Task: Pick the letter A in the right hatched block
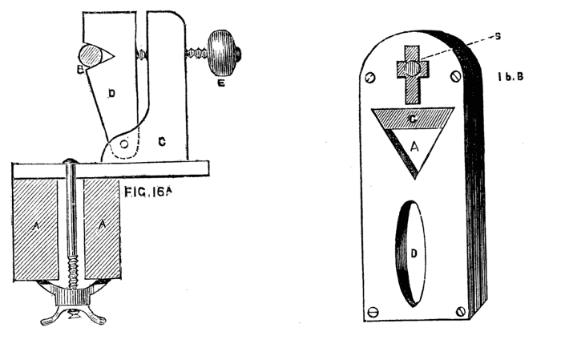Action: [x=101, y=227]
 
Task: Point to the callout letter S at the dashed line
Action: [x=475, y=35]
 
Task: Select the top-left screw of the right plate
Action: [x=369, y=78]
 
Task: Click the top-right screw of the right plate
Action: [x=454, y=77]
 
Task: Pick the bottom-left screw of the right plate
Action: [x=372, y=312]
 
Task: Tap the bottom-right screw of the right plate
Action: [x=461, y=311]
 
